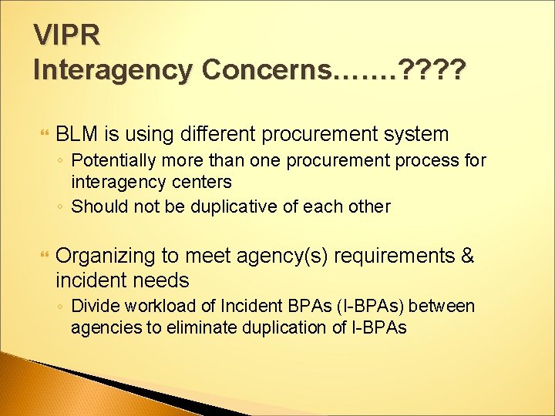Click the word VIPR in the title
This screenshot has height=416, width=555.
point(68,35)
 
